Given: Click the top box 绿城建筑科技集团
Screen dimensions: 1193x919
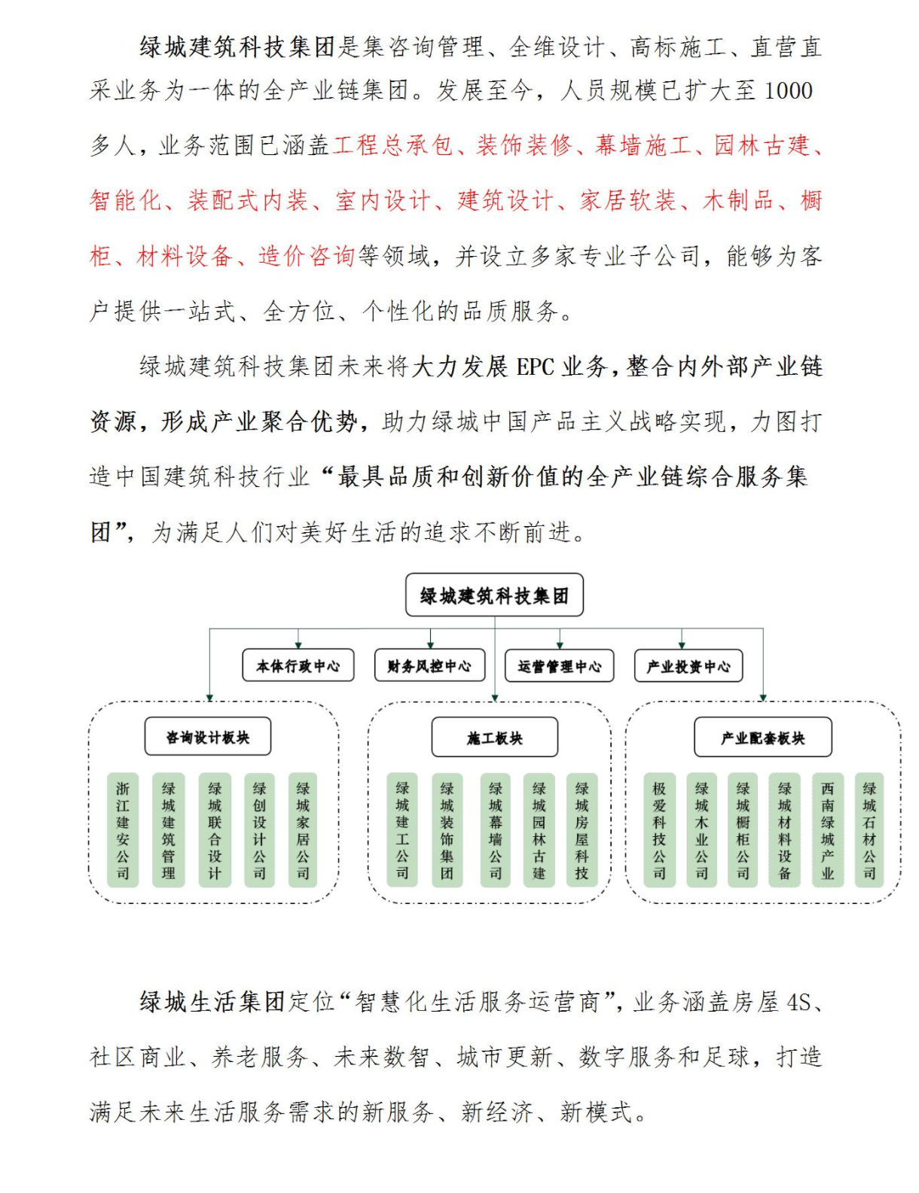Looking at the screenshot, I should (x=494, y=595).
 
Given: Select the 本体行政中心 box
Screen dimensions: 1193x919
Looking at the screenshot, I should (x=298, y=666).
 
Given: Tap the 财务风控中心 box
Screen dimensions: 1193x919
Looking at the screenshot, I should (x=429, y=666).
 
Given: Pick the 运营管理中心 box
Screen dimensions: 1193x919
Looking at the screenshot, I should (x=559, y=666).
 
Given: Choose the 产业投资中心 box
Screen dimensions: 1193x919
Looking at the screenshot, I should (x=688, y=666).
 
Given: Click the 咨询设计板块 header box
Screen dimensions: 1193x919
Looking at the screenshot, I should (x=208, y=737).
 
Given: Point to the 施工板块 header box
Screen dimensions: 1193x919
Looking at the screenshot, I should (x=494, y=738).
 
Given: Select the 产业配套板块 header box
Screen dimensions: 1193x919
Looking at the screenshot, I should (x=762, y=738).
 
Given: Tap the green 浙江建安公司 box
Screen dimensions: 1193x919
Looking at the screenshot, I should (x=123, y=830).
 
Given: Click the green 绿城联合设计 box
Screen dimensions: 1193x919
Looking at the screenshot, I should (x=215, y=830).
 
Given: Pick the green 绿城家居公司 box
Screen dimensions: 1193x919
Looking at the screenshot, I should (x=303, y=830).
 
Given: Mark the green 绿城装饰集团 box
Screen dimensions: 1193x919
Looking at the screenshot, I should (x=447, y=830).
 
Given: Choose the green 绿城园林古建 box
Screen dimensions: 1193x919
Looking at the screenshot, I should (x=539, y=830).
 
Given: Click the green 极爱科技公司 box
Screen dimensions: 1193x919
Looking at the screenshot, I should (x=659, y=830).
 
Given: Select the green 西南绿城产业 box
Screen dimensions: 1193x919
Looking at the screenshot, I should (x=828, y=830).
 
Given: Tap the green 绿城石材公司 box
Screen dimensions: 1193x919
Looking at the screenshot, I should (x=869, y=830).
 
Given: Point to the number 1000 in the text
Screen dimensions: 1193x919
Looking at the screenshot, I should (x=789, y=91).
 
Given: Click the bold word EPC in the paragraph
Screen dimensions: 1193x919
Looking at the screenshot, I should (x=535, y=367).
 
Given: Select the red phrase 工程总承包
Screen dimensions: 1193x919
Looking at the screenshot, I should (x=392, y=145).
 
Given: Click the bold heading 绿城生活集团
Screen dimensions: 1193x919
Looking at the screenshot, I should (x=212, y=1002).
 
